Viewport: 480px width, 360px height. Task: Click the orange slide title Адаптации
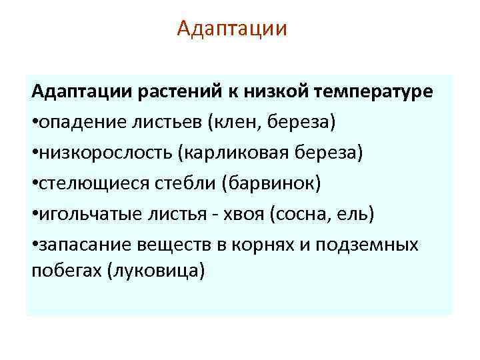[233, 29]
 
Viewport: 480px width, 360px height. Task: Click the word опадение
[74, 122]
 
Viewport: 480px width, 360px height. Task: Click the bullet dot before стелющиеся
[35, 184]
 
